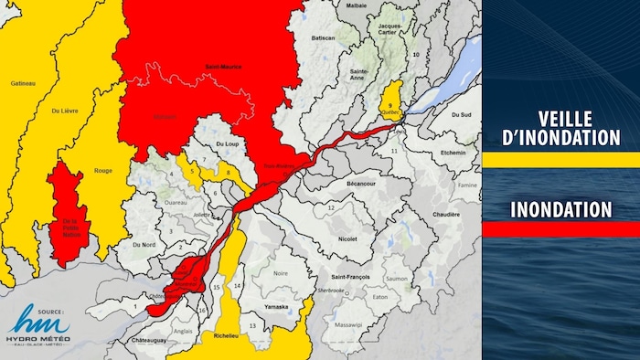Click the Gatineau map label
pos(22,84)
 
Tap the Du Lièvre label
pos(63,111)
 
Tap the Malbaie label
pos(356,5)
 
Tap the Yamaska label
pos(277,307)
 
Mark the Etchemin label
pos(453,153)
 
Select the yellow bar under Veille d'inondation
pos(560,160)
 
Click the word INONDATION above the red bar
pos(560,209)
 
